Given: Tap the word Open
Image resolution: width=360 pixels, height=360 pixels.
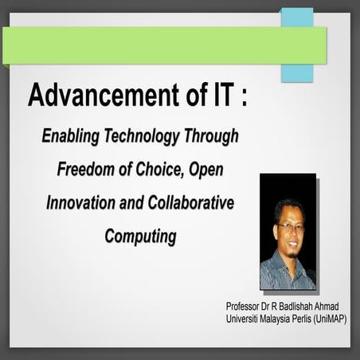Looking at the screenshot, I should [x=218, y=170].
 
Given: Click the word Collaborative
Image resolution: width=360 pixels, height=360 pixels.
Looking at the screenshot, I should [x=191, y=203].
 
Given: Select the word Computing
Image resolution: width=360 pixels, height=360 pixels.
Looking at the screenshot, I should [x=139, y=237].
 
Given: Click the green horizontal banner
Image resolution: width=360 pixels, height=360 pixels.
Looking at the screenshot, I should [x=159, y=45].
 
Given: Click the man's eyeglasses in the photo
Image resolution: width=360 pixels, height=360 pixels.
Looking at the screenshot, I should [x=288, y=227].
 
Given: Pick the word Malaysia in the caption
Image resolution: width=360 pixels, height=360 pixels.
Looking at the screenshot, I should [x=278, y=319].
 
